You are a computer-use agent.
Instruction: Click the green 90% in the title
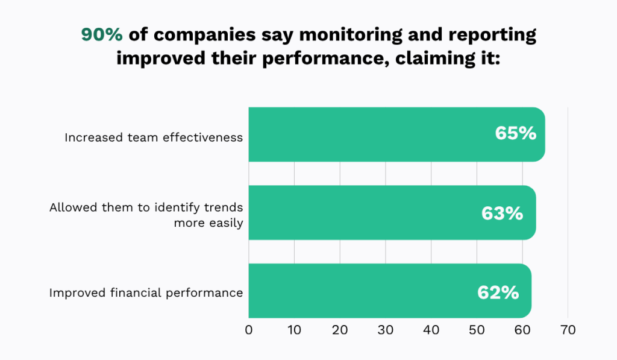pos(102,35)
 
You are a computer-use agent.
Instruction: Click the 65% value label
pos(515,134)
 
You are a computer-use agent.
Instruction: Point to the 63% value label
pos(502,213)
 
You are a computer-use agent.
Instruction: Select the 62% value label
pos(498,292)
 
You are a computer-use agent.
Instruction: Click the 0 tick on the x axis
pos(249,330)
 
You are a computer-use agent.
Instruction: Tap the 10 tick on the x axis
pos(294,330)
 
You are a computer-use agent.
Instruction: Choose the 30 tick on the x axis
pos(386,330)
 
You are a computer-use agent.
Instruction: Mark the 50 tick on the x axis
pos(477,330)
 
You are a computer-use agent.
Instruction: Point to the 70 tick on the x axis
pos(568,330)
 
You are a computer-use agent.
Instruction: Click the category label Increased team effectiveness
pos(154,137)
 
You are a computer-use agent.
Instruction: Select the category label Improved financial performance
pos(146,294)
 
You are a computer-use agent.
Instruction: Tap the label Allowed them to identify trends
pos(146,207)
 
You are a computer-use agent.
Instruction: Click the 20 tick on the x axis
pos(340,330)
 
